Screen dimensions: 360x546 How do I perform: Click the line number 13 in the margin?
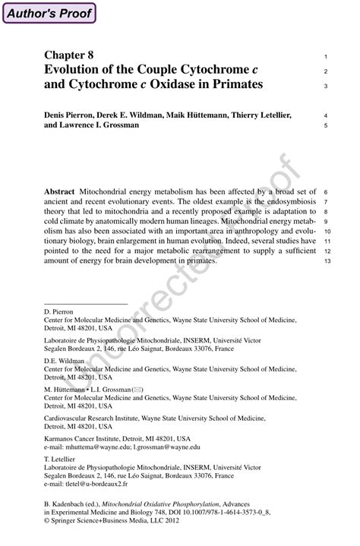coord(327,261)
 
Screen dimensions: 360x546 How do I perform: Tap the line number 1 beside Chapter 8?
coord(325,57)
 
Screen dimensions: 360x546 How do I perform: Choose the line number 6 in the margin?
coord(325,192)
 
